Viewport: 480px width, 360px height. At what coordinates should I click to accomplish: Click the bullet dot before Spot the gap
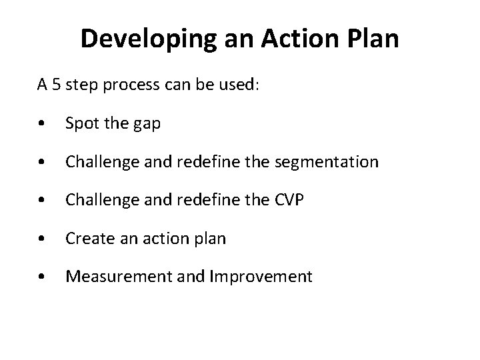[42, 125]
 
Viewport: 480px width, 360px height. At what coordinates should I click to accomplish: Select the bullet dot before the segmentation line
[42, 163]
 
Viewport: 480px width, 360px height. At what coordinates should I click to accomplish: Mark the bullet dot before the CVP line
[42, 201]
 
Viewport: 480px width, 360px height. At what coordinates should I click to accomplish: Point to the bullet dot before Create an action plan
[42, 239]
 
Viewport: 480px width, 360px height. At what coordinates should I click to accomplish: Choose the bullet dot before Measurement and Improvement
[42, 277]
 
